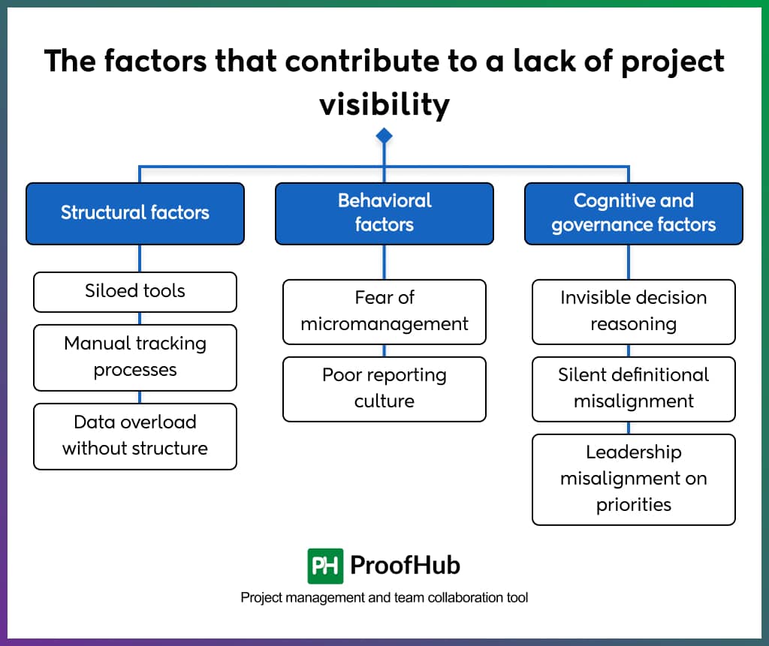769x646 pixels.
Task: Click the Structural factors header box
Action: [135, 213]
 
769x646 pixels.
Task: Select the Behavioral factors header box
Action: [384, 213]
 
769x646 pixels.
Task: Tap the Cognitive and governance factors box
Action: [633, 213]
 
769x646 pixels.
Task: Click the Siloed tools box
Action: [135, 291]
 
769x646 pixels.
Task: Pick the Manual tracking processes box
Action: [135, 357]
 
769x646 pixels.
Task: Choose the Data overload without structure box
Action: [135, 436]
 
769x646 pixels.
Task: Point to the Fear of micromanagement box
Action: [384, 311]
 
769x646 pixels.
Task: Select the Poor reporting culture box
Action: [384, 389]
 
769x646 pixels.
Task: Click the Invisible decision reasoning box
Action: [633, 311]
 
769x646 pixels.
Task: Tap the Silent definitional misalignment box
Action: [633, 389]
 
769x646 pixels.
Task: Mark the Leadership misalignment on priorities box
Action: [633, 479]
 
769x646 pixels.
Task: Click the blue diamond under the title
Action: [384, 136]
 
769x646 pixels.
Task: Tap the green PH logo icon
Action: [325, 566]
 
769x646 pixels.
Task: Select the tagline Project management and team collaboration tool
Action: [384, 598]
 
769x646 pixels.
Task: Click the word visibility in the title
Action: [384, 104]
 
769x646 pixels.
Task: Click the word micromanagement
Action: [384, 324]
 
